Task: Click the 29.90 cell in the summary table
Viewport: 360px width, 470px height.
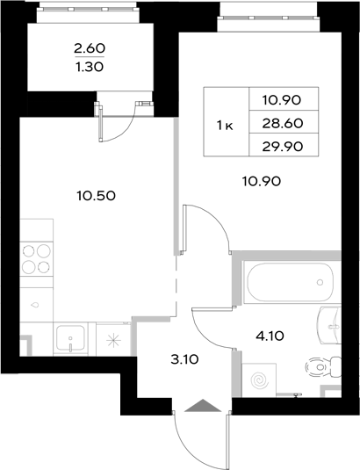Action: (281, 147)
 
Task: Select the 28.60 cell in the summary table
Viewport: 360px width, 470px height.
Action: (281, 125)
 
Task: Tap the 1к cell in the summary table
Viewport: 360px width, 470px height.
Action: (225, 125)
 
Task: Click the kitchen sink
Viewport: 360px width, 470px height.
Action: (68, 339)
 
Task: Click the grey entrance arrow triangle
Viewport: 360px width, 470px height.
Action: (200, 405)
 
